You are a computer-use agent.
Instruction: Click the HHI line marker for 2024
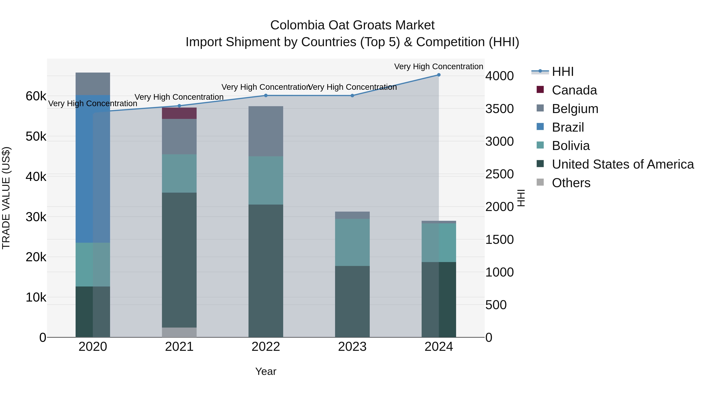coord(439,75)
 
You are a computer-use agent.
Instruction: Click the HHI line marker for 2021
coord(179,106)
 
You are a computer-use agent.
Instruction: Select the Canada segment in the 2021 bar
coord(179,113)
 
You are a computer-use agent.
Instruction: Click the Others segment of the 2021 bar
coord(179,332)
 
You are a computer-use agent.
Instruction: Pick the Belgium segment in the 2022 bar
coord(266,131)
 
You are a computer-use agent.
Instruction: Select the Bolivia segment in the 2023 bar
coord(352,242)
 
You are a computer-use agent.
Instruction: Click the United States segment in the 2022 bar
coord(266,271)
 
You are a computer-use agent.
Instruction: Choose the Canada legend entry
coord(574,90)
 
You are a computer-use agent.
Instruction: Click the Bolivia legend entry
coord(571,146)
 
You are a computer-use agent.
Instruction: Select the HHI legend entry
coord(562,72)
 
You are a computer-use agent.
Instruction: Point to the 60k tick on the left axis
coord(36,96)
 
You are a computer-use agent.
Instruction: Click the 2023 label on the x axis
coord(352,347)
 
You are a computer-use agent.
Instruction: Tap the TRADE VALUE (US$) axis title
coord(6,198)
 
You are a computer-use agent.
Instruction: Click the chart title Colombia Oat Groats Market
coord(352,25)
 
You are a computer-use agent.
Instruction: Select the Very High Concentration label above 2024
coord(438,66)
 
